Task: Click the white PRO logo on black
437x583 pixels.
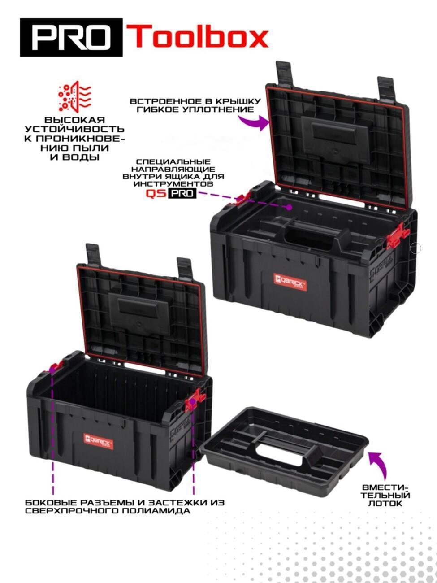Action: [71, 38]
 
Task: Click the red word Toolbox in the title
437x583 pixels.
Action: [197, 36]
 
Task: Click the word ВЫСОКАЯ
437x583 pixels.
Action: [74, 120]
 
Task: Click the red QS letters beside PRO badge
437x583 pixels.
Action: [156, 193]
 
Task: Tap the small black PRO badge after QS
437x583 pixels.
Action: [182, 193]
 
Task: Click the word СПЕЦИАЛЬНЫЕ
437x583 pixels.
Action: [173, 161]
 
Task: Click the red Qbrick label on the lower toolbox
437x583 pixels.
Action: [99, 442]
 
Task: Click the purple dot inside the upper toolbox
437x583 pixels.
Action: [289, 207]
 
